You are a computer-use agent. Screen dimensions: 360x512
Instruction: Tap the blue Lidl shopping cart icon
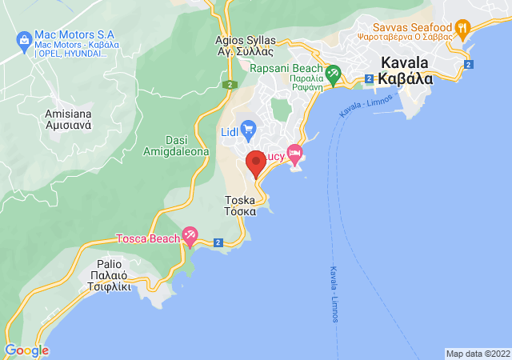pyautogui.click(x=248, y=128)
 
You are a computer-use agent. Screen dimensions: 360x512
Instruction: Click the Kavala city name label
pyautogui.click(x=405, y=70)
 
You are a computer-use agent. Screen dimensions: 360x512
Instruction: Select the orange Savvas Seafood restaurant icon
pyautogui.click(x=462, y=30)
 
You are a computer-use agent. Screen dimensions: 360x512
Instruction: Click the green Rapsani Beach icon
pyautogui.click(x=333, y=74)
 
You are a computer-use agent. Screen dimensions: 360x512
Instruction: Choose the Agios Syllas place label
pyautogui.click(x=245, y=46)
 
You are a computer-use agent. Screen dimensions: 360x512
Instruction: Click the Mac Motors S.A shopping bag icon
pyautogui.click(x=22, y=37)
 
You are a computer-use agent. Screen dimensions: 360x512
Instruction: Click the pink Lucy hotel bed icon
pyautogui.click(x=295, y=152)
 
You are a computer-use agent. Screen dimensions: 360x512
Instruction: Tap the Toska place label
pyautogui.click(x=241, y=206)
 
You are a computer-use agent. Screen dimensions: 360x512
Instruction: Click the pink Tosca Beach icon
pyautogui.click(x=190, y=236)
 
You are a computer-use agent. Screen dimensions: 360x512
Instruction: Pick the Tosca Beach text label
pyautogui.click(x=146, y=238)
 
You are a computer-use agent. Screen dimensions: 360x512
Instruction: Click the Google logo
pyautogui.click(x=26, y=350)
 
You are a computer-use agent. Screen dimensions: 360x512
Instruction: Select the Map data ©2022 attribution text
pyautogui.click(x=477, y=354)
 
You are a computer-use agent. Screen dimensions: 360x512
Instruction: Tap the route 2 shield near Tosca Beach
pyautogui.click(x=218, y=242)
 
